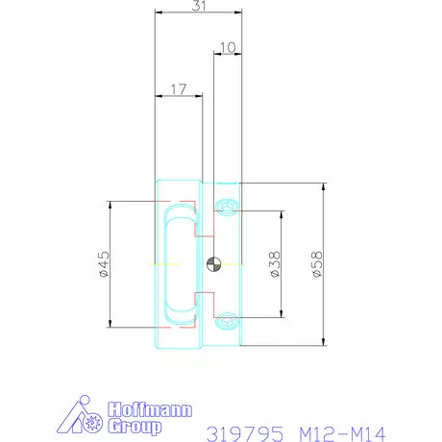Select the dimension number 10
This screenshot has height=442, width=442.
pos(227,46)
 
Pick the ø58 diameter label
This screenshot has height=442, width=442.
pos(316,262)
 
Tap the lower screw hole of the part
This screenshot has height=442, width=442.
pos(227,319)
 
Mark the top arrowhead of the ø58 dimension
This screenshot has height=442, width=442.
pos(324,184)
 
